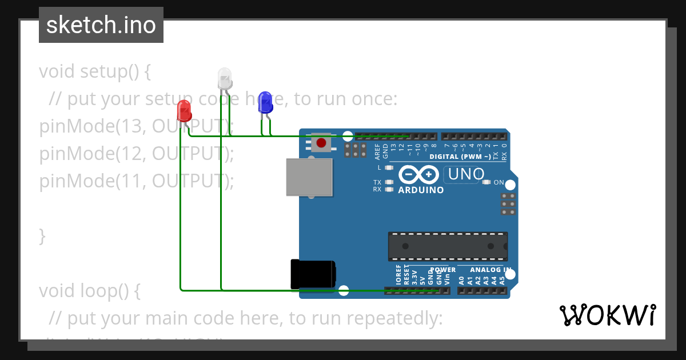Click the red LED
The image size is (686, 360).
click(x=184, y=110)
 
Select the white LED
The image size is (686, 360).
click(x=224, y=77)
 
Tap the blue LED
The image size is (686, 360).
click(x=265, y=101)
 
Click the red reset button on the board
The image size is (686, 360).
click(x=321, y=143)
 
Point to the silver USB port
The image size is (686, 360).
click(x=309, y=177)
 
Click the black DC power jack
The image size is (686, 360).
click(x=312, y=274)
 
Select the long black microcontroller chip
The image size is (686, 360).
click(x=448, y=246)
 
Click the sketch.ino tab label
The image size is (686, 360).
click(x=101, y=25)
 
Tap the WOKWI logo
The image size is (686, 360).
click(x=607, y=315)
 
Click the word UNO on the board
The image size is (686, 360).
click(x=466, y=174)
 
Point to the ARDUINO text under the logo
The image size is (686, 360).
click(x=421, y=190)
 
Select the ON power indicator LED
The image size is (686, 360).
click(x=486, y=182)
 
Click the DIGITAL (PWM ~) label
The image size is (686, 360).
click(x=460, y=157)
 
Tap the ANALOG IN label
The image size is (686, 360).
click(x=490, y=270)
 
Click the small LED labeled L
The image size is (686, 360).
click(x=389, y=168)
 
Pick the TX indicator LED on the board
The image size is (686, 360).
click(x=389, y=182)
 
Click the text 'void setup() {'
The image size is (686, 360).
click(x=95, y=72)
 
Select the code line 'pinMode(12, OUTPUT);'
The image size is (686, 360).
click(x=137, y=154)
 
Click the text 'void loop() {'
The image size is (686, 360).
click(x=89, y=291)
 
